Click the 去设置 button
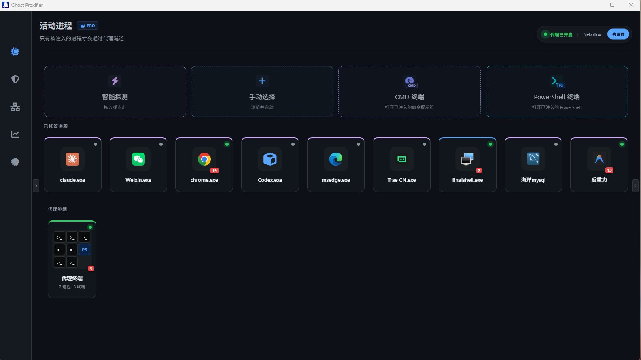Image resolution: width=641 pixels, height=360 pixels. click(618, 34)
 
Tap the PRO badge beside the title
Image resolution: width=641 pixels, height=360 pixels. click(87, 26)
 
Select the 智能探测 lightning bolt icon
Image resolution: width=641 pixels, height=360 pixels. click(115, 81)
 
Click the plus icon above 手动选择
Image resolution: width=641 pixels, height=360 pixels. click(262, 81)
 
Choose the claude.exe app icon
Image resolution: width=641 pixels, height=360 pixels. click(72, 159)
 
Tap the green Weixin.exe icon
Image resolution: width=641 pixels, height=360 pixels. click(138, 159)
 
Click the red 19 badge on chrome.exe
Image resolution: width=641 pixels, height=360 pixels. click(214, 170)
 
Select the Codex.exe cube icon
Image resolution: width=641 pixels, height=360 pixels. click(270, 159)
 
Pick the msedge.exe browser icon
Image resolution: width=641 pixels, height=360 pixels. click(335, 159)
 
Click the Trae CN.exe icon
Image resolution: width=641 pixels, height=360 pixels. click(401, 159)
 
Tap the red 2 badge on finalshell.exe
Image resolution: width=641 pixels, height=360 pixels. click(479, 170)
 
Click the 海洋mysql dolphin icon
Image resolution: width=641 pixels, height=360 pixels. click(533, 159)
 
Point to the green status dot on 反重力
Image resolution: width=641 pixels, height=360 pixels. click(622, 144)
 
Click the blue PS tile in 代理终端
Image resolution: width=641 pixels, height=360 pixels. click(85, 250)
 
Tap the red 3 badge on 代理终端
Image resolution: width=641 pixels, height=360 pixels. click(91, 268)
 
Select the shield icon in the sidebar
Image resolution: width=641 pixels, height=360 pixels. click(15, 79)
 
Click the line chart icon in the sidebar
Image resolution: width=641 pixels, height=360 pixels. click(15, 134)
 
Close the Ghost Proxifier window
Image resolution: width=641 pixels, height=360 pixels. click(631, 5)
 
